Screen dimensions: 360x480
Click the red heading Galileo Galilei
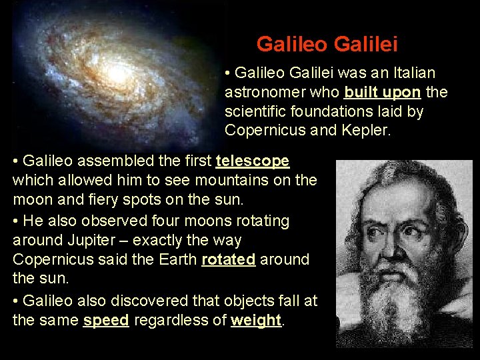click(327, 44)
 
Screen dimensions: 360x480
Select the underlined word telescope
click(252, 161)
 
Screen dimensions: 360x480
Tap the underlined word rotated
click(228, 259)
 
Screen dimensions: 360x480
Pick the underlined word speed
click(105, 320)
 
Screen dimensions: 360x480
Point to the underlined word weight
click(256, 320)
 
